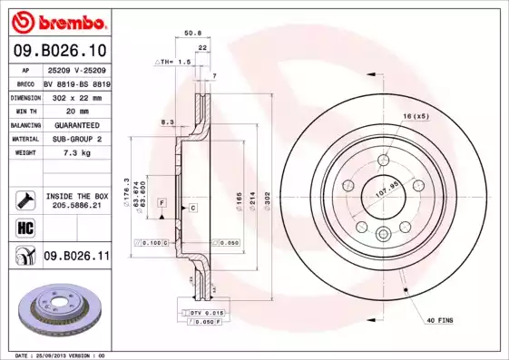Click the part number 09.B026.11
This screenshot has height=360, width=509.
pos(75,257)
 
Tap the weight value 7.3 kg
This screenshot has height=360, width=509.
pos(75,153)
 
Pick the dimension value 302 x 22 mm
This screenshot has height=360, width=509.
pos(75,96)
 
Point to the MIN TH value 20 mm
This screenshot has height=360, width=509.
pos(75,111)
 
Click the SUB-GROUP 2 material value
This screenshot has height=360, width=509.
pos(75,139)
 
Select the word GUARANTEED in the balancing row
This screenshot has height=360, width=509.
pos(75,125)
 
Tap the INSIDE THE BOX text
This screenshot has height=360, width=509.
pos(75,195)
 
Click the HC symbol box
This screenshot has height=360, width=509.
pos(24,228)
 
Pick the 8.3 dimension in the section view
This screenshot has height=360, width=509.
pos(167,121)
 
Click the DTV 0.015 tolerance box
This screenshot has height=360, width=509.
pos(205,312)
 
